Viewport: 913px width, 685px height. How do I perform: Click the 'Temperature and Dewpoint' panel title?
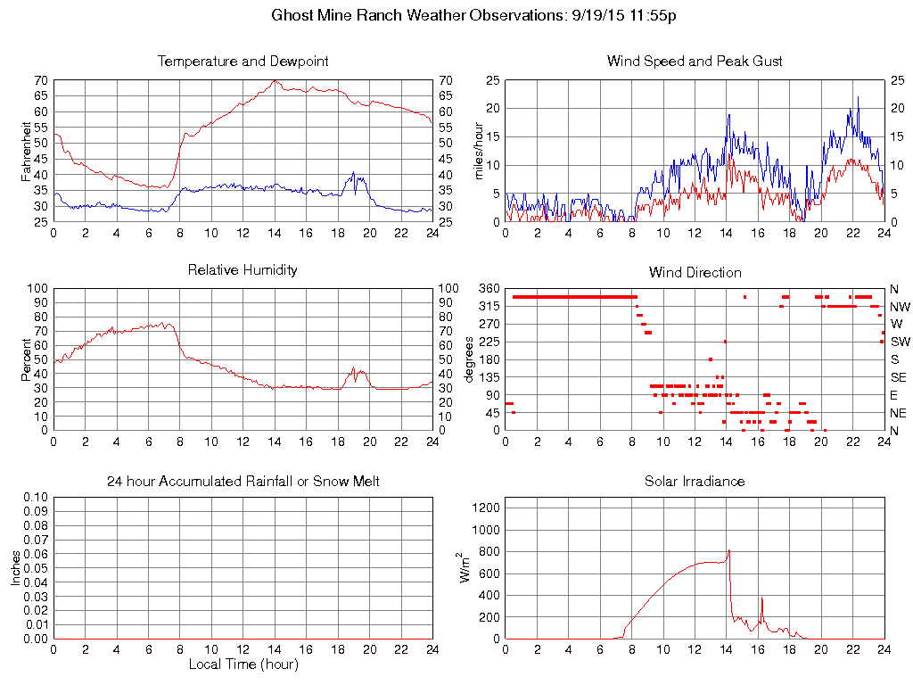click(243, 62)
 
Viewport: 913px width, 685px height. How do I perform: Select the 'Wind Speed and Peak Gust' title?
click(695, 62)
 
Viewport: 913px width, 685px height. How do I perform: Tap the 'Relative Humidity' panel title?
click(243, 269)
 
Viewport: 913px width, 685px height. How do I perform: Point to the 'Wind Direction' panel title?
click(695, 272)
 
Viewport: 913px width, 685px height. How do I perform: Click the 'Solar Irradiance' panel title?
click(695, 481)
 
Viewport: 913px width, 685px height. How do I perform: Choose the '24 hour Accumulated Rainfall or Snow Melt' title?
click(243, 481)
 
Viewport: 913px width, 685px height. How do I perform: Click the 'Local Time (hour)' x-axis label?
click(243, 664)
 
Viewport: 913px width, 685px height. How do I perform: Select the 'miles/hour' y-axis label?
click(478, 150)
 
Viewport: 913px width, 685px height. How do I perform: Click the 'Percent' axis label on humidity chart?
click(27, 359)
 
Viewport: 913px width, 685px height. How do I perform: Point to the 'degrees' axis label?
click(470, 359)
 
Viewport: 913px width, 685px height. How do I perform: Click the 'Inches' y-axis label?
click(16, 567)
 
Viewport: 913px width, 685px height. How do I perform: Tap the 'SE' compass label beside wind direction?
click(898, 377)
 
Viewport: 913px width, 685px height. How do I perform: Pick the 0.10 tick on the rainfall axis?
click(35, 496)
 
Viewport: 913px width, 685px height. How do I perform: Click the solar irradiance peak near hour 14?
click(728, 550)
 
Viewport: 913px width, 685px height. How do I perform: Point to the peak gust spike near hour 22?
click(858, 96)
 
